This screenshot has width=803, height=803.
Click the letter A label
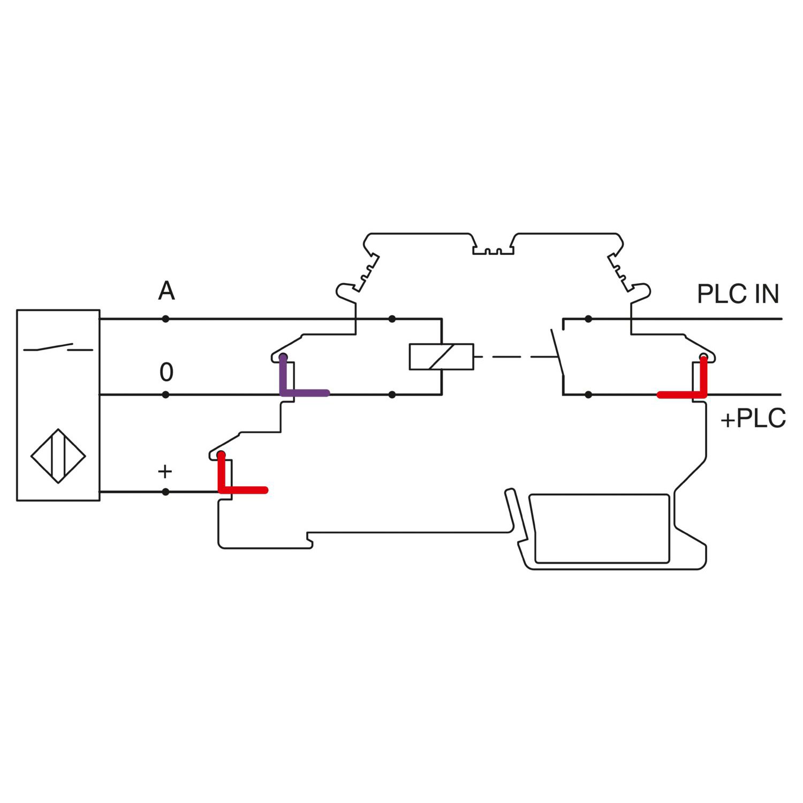click(166, 291)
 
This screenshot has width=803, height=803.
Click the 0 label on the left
click(166, 372)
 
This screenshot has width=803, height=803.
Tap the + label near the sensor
click(165, 472)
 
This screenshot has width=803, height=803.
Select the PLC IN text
click(738, 294)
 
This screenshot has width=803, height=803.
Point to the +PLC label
click(753, 419)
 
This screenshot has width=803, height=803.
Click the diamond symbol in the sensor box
click(58, 456)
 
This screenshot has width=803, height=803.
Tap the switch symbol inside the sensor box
click(58, 348)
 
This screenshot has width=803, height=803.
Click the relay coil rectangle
click(441, 357)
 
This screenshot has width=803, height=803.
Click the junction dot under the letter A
click(166, 319)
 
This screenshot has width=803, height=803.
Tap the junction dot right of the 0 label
click(166, 395)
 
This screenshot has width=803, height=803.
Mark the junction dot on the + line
click(166, 492)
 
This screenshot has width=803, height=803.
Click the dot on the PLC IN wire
click(588, 319)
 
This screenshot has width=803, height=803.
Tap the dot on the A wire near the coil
click(392, 319)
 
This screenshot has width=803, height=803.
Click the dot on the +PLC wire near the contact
click(588, 395)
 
